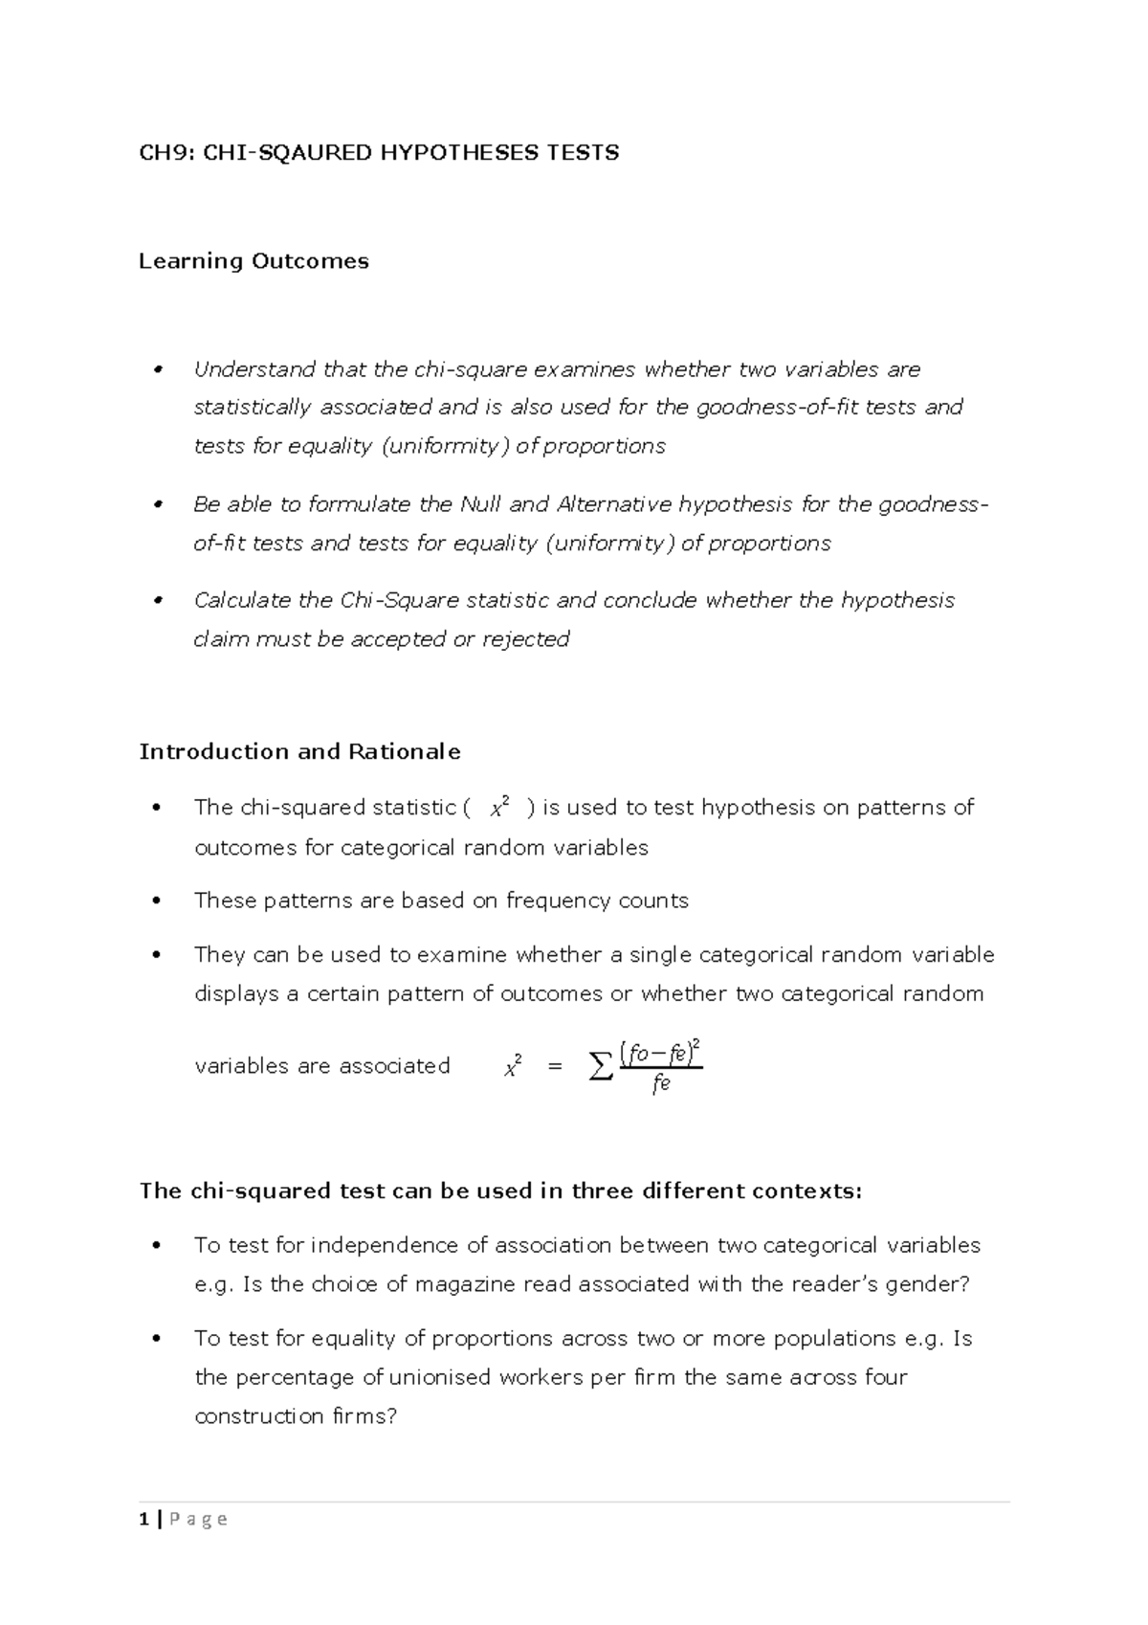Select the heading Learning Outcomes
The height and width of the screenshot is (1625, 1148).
254,261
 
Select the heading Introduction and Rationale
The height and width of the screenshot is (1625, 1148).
299,751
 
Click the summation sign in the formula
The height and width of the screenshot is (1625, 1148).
600,1065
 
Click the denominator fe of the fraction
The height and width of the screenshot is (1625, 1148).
660,1084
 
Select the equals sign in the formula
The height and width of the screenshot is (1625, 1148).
554,1066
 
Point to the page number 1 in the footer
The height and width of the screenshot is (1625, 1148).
143,1519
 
